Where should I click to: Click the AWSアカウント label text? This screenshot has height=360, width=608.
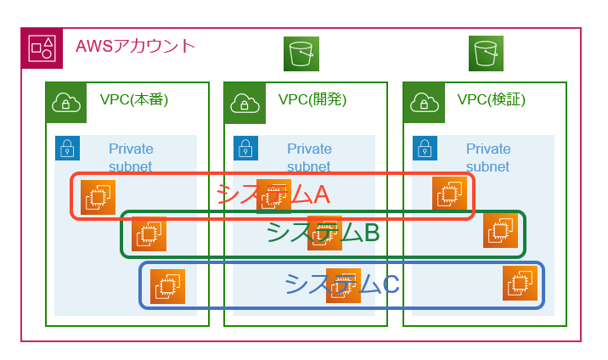pyautogui.click(x=135, y=46)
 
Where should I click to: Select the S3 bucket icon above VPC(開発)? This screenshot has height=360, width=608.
pyautogui.click(x=301, y=53)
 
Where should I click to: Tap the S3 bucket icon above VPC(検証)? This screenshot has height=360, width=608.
pyautogui.click(x=487, y=53)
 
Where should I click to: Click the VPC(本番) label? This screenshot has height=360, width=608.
pyautogui.click(x=134, y=100)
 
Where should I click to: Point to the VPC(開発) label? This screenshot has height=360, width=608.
pyautogui.click(x=312, y=100)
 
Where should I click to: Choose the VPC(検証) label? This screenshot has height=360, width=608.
pyautogui.click(x=492, y=100)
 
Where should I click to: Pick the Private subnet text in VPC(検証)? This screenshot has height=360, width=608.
pyautogui.click(x=488, y=158)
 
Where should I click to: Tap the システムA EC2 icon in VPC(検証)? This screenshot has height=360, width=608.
pyautogui.click(x=449, y=194)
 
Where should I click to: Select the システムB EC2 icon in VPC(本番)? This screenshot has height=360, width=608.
pyautogui.click(x=149, y=234)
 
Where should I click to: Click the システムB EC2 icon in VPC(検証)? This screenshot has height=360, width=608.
pyautogui.click(x=500, y=230)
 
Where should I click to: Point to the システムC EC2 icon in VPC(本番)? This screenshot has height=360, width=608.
pyautogui.click(x=167, y=287)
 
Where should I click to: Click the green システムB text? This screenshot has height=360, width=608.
pyautogui.click(x=322, y=233)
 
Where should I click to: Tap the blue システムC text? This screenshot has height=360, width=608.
pyautogui.click(x=341, y=284)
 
